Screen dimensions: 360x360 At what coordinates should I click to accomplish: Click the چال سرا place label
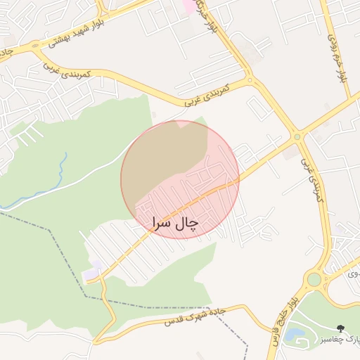pos(175,223)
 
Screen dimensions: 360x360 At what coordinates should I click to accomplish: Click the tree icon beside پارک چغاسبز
pos(341,328)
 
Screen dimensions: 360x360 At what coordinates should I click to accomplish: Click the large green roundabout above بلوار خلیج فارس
pos(314,279)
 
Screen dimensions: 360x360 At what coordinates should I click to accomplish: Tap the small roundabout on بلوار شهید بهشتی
pos(36,47)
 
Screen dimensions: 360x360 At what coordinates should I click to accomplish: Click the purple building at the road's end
pos(94,269)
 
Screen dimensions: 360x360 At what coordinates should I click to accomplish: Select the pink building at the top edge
pos(188,6)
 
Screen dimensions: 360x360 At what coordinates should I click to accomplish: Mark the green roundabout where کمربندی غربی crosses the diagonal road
pos(297,136)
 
